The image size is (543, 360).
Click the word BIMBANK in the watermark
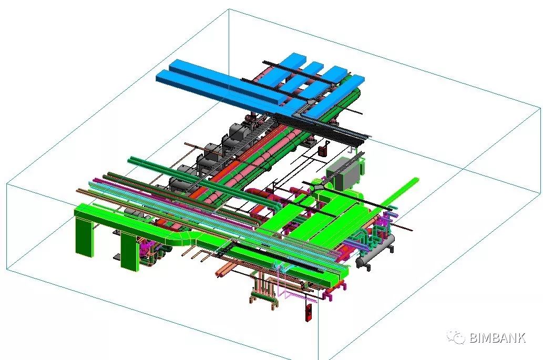pyautogui.click(x=498, y=337)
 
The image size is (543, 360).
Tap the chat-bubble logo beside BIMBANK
pyautogui.click(x=456, y=337)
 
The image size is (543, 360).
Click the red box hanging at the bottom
pyautogui.click(x=308, y=312)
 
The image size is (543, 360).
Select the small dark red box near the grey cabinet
pyautogui.click(x=323, y=151)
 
